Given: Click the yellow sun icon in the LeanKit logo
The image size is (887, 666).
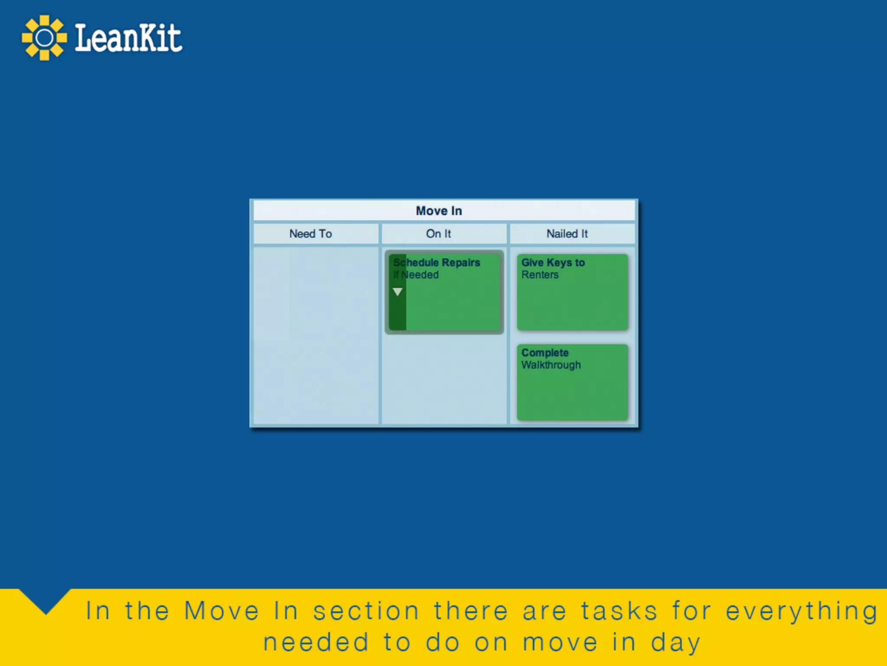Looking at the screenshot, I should [44, 38].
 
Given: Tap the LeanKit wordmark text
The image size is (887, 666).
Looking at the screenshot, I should [128, 38].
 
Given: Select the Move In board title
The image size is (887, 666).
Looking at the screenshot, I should [439, 211].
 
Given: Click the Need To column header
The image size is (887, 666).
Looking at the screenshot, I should [311, 234].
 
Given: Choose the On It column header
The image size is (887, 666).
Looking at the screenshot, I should [438, 234].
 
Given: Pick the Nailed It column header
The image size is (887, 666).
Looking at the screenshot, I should [567, 234].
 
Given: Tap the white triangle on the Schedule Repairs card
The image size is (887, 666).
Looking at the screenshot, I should [398, 292].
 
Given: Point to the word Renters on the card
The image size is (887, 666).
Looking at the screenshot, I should [540, 275].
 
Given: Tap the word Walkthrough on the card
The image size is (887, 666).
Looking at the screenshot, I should [551, 365].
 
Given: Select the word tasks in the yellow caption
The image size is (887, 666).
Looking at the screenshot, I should [619, 611].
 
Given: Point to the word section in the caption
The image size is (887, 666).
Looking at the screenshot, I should [366, 611].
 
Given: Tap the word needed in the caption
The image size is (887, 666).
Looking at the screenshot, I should [316, 643].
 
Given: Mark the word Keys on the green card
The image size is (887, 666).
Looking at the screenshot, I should [559, 262].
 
